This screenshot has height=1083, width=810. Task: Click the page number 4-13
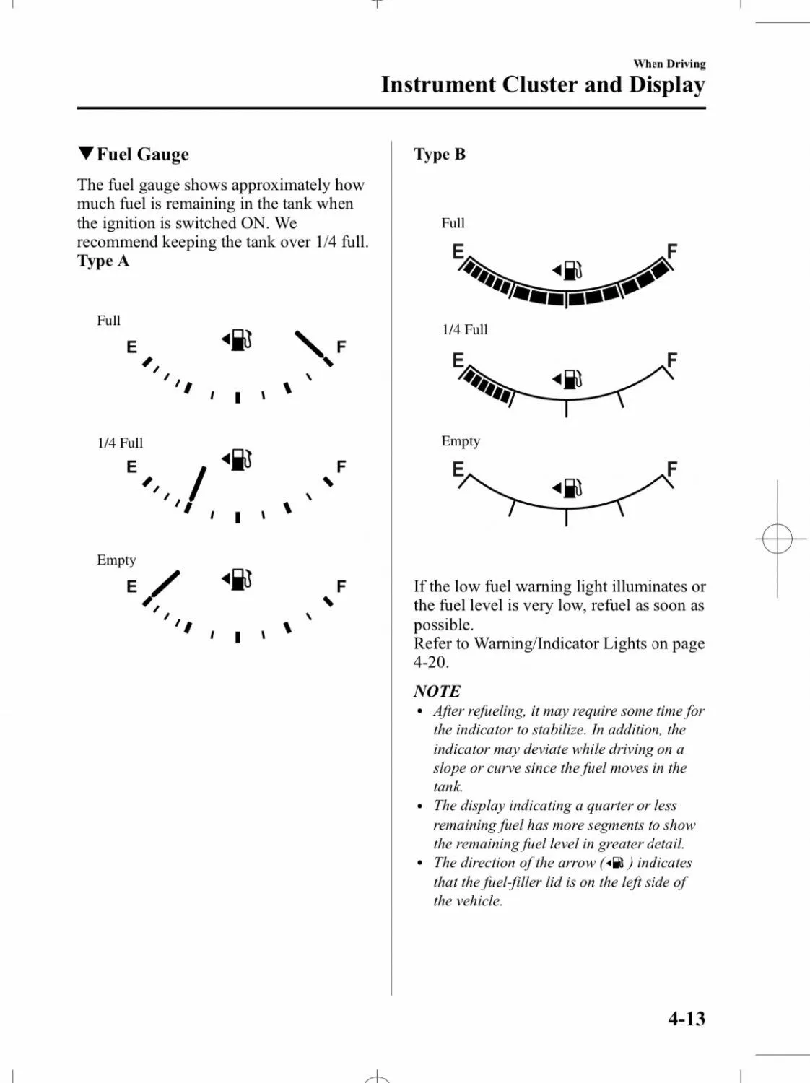pyautogui.click(x=686, y=1019)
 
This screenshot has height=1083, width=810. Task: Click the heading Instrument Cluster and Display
pyautogui.click(x=543, y=84)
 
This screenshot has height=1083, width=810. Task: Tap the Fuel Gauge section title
pyautogui.click(x=142, y=155)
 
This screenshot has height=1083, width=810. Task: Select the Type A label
pyautogui.click(x=103, y=261)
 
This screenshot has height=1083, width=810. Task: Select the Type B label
pyautogui.click(x=440, y=155)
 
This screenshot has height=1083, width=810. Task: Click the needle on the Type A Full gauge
pyautogui.click(x=313, y=348)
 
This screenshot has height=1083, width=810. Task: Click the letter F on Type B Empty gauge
pyautogui.click(x=672, y=469)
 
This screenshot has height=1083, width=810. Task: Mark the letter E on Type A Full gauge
pyautogui.click(x=131, y=347)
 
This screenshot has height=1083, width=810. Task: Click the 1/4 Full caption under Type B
pyautogui.click(x=465, y=330)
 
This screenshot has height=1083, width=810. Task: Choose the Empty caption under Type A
pyautogui.click(x=116, y=560)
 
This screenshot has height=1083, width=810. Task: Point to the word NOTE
pyautogui.click(x=437, y=691)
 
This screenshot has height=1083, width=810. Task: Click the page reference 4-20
pyautogui.click(x=431, y=662)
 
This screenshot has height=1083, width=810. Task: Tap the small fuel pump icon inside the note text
pyautogui.click(x=615, y=864)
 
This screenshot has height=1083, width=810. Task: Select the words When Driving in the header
pyautogui.click(x=669, y=64)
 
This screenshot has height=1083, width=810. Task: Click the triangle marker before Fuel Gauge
pyautogui.click(x=86, y=154)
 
